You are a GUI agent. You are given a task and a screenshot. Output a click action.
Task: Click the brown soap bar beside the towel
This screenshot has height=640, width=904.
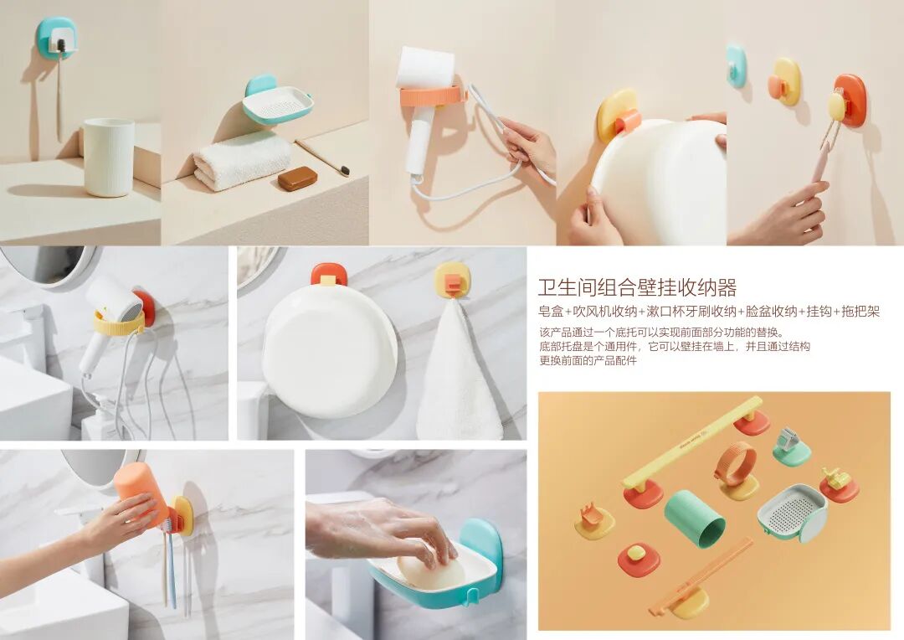click(297, 178)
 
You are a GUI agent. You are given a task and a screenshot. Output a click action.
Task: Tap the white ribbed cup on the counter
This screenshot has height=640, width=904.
click(108, 157)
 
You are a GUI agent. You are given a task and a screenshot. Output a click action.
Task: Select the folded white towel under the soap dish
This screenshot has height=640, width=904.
click(242, 161)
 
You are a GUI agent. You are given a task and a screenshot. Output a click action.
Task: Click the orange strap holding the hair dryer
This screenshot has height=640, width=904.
click(433, 96)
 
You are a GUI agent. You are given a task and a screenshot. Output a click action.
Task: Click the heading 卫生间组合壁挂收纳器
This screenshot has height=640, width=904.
click(637, 287)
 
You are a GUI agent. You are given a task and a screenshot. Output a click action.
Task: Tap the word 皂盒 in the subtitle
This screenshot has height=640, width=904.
click(551, 312)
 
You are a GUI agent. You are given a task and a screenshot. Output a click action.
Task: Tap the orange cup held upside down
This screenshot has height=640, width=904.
click(140, 494)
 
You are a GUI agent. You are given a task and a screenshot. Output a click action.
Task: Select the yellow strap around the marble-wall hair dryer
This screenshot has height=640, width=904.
click(119, 323)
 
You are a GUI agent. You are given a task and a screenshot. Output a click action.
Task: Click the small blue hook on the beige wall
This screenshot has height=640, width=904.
click(737, 66)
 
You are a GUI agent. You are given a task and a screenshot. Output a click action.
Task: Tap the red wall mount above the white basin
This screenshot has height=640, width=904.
click(329, 275)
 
